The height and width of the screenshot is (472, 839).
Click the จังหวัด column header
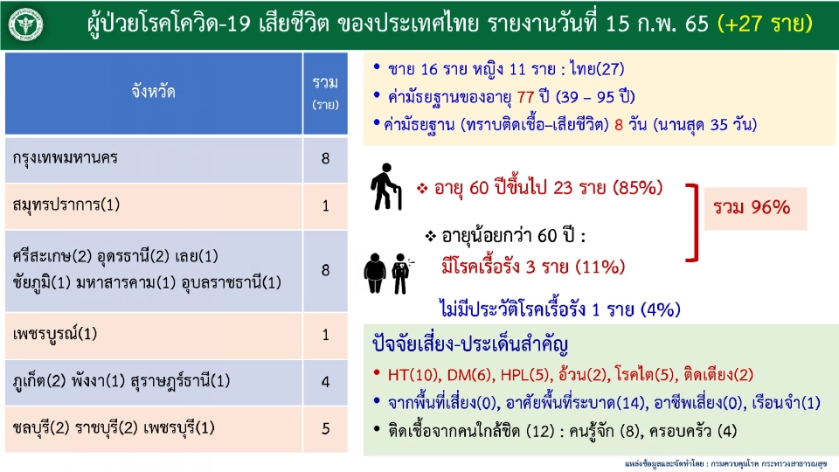(x=153, y=91)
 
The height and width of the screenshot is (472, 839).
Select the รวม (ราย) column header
(x=325, y=92)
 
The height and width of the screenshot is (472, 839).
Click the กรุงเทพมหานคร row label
(x=66, y=159)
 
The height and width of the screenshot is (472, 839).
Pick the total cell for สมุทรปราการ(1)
(x=325, y=206)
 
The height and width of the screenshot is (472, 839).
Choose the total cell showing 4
(x=325, y=382)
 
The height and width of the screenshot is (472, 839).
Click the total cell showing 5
(x=325, y=429)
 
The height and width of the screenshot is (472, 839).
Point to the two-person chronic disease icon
(x=387, y=272)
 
